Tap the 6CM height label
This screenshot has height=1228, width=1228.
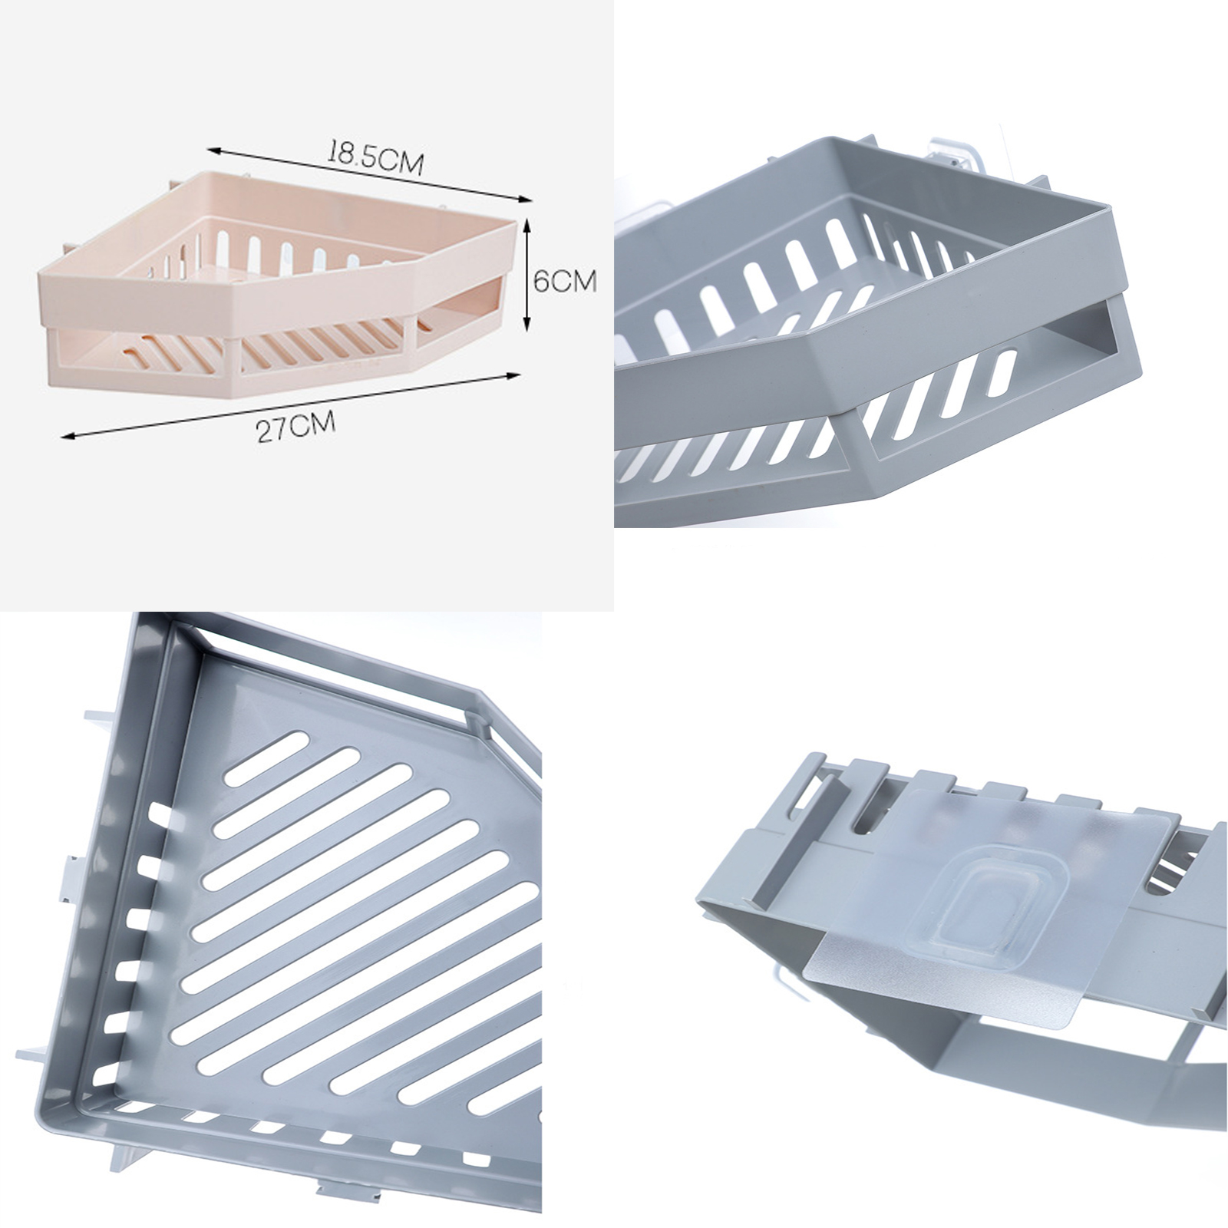click(x=564, y=281)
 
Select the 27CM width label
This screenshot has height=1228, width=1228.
click(x=296, y=426)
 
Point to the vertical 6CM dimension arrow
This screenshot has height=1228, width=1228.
click(x=526, y=274)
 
